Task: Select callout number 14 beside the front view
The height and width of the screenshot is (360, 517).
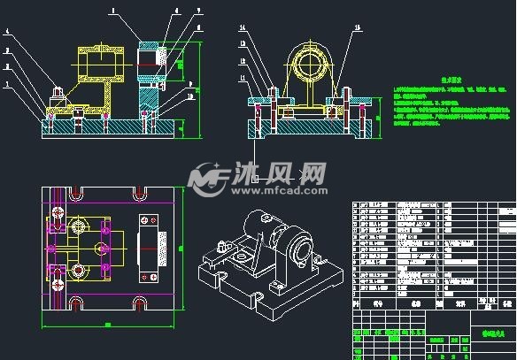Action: pos(242,29)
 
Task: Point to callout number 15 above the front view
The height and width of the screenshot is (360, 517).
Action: pos(357,27)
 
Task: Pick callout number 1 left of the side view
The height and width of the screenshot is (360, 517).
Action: pos(8,85)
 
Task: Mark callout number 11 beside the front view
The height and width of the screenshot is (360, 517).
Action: pos(242,75)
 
